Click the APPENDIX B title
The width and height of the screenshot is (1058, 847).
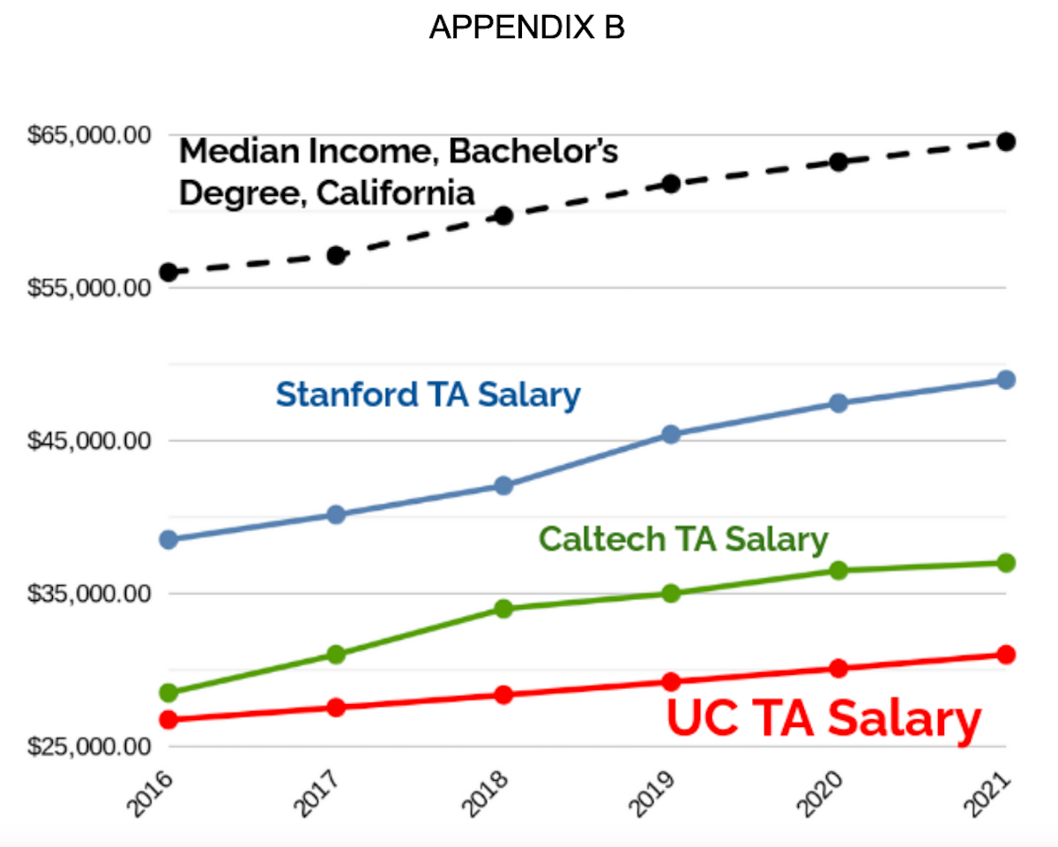click(x=526, y=28)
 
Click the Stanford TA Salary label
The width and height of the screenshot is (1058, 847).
click(x=428, y=394)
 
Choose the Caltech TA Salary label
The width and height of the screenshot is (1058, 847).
click(x=683, y=538)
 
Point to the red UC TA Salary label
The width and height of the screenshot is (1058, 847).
click(x=823, y=719)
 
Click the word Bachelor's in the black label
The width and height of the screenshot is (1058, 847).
click(x=533, y=151)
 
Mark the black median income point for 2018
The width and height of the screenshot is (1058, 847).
click(x=503, y=215)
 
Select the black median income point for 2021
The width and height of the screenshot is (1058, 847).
click(x=1006, y=141)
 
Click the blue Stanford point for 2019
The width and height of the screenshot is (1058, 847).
click(x=671, y=434)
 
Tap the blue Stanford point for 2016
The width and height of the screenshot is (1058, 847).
click(x=168, y=539)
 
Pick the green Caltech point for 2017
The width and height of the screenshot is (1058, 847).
click(x=336, y=655)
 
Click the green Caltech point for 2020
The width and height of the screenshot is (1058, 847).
click(x=838, y=570)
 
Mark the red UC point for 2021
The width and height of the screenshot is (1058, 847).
click(x=1006, y=654)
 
